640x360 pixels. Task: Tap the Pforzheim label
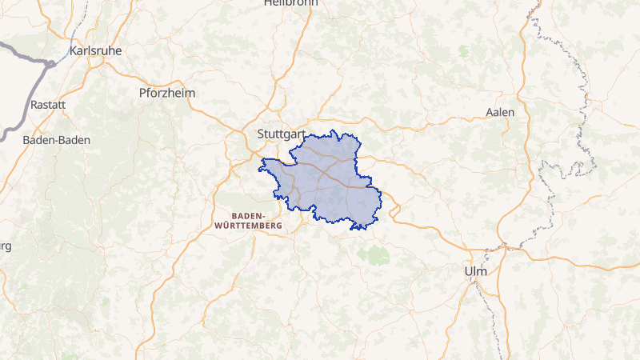click(x=167, y=93)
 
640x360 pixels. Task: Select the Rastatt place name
click(x=47, y=105)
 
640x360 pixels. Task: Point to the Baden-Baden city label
click(x=57, y=139)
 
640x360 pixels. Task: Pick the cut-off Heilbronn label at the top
click(x=290, y=3)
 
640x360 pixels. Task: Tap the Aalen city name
click(x=500, y=112)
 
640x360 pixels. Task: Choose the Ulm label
click(x=475, y=271)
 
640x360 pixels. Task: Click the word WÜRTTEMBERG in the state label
click(x=249, y=226)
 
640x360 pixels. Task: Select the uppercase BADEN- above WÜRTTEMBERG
click(x=250, y=216)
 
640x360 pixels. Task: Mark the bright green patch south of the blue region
click(x=372, y=255)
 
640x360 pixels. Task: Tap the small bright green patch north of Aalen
click(x=464, y=50)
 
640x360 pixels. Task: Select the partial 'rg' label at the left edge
click(x=5, y=246)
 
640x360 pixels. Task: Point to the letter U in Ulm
click(x=468, y=271)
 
